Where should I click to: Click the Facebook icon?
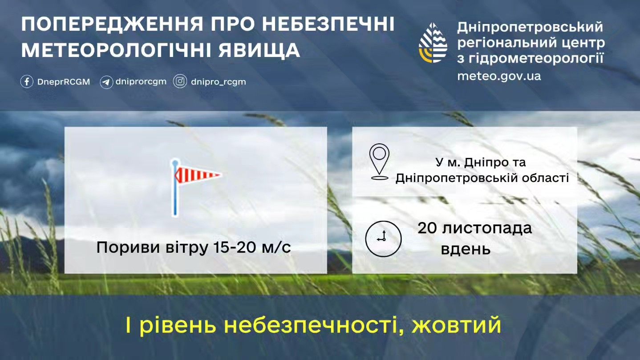click(27, 82)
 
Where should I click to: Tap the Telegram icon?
click(106, 82)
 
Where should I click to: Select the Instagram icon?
click(180, 81)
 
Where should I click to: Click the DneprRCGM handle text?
click(64, 82)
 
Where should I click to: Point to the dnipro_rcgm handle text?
click(218, 82)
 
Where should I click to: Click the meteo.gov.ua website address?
click(499, 76)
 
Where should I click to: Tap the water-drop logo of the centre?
click(433, 43)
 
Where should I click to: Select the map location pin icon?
click(379, 162)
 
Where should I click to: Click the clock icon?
click(383, 239)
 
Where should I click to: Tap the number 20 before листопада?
click(427, 228)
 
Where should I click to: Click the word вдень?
click(466, 249)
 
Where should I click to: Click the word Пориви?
click(128, 248)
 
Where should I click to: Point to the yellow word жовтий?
click(456, 324)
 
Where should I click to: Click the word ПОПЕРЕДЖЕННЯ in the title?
click(112, 24)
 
